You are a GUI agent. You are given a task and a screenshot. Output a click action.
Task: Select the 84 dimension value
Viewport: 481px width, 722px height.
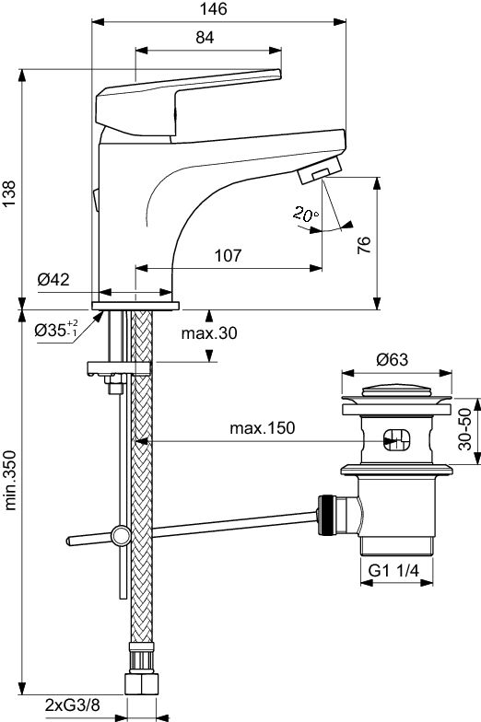click(205, 37)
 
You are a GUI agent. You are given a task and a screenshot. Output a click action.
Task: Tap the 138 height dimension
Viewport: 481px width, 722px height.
click(9, 195)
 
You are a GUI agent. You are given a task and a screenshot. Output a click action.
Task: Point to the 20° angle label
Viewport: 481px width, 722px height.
click(306, 214)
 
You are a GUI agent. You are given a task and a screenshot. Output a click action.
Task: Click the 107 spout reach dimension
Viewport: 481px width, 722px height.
click(228, 255)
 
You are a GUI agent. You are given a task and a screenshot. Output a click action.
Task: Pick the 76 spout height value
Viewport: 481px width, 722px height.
click(363, 245)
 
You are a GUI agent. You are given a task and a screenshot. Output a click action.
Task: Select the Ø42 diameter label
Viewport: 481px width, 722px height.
click(53, 279)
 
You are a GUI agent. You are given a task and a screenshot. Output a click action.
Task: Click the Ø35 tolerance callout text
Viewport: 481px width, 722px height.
click(56, 330)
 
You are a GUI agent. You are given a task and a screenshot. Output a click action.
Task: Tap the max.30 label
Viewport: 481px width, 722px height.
click(209, 332)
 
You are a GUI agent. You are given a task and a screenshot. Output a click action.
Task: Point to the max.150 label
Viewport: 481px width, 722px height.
click(262, 428)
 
